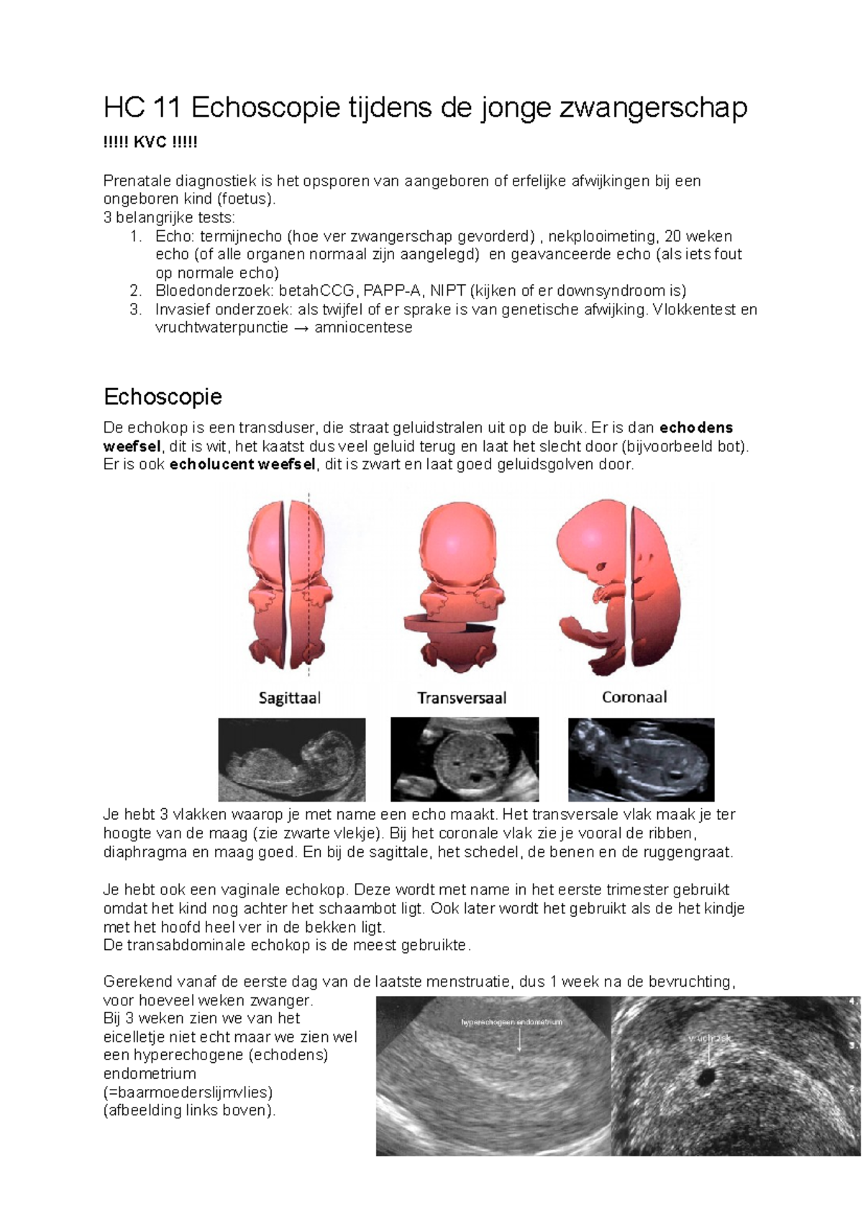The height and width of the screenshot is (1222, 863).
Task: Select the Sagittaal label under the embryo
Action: [x=290, y=697]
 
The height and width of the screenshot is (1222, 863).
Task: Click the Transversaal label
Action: [x=462, y=697]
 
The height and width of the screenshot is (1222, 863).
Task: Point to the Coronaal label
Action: [x=634, y=697]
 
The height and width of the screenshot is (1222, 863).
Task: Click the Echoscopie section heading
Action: [x=163, y=397]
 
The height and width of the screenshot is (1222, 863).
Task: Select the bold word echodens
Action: [x=696, y=427]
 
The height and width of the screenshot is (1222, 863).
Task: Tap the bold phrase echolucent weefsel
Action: [x=242, y=465]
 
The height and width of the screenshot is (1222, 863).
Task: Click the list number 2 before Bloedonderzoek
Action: [x=135, y=291]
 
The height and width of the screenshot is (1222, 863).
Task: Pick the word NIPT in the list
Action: [x=447, y=291]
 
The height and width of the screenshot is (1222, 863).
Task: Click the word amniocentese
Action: [x=363, y=327]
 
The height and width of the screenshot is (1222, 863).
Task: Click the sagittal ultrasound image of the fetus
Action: [x=292, y=759]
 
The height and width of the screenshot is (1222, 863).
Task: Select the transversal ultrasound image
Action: [x=465, y=759]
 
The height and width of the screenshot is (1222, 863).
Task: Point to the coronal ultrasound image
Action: [x=641, y=759]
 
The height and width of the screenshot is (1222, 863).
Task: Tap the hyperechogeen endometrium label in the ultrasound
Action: [x=512, y=1022]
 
